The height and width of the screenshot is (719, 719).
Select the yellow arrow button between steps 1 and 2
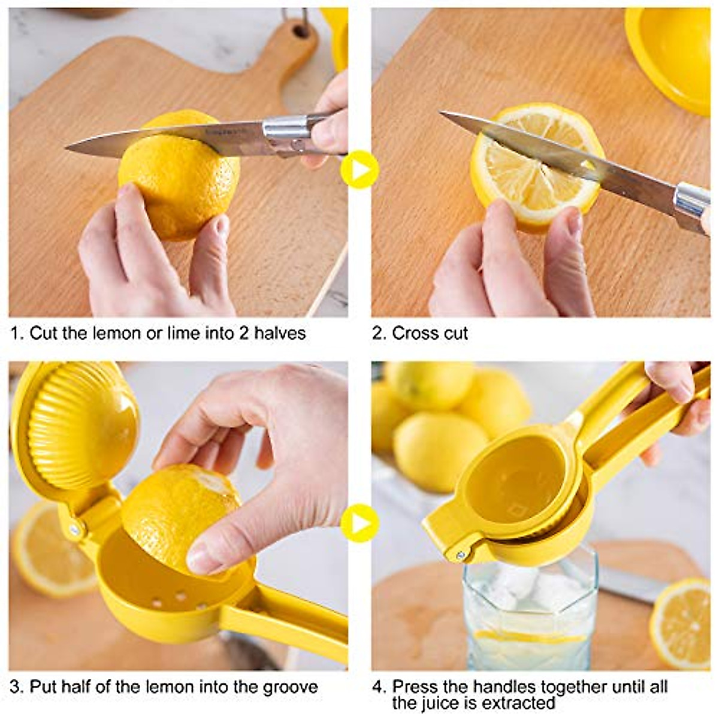tap(359, 170)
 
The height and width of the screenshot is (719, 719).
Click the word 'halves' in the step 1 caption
tap(280, 333)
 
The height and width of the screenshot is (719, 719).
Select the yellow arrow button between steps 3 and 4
tap(359, 523)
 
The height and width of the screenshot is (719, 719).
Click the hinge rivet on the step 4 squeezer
tap(460, 555)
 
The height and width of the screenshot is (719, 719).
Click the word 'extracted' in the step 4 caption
tap(518, 702)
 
